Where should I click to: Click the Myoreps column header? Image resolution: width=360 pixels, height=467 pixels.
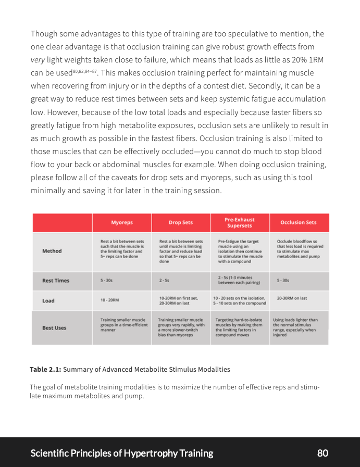pyautogui.click(x=122, y=222)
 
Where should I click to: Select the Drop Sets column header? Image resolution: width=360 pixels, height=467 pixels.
pyautogui.click(x=181, y=222)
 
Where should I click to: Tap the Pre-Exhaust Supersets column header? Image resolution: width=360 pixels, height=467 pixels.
pyautogui.click(x=240, y=222)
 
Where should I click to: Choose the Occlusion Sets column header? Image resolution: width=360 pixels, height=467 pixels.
pyautogui.click(x=299, y=222)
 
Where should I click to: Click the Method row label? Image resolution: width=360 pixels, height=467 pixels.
pyautogui.click(x=52, y=251)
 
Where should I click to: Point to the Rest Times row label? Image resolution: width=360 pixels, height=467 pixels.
pyautogui.click(x=55, y=281)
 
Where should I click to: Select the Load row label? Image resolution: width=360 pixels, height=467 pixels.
pyautogui.click(x=48, y=300)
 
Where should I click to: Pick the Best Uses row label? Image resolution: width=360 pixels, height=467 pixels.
pyautogui.click(x=54, y=328)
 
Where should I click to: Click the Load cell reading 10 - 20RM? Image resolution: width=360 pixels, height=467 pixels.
pyautogui.click(x=110, y=300)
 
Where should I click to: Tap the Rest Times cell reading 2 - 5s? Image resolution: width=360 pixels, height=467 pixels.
pyautogui.click(x=164, y=281)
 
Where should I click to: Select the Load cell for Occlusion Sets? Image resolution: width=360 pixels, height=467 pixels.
pyautogui.click(x=292, y=298)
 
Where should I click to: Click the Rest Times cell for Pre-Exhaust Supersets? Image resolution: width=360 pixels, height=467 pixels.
pyautogui.click(x=239, y=281)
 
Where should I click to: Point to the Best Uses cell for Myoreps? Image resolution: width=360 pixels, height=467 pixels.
pyautogui.click(x=122, y=325)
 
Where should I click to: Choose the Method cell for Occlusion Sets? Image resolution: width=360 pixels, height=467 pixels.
pyautogui.click(x=298, y=249)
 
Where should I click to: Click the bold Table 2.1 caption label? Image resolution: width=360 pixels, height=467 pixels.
pyautogui.click(x=45, y=369)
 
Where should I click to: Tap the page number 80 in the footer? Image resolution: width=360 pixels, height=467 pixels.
pyautogui.click(x=322, y=453)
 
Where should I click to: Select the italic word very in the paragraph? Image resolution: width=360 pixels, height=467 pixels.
pyautogui.click(x=38, y=60)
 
